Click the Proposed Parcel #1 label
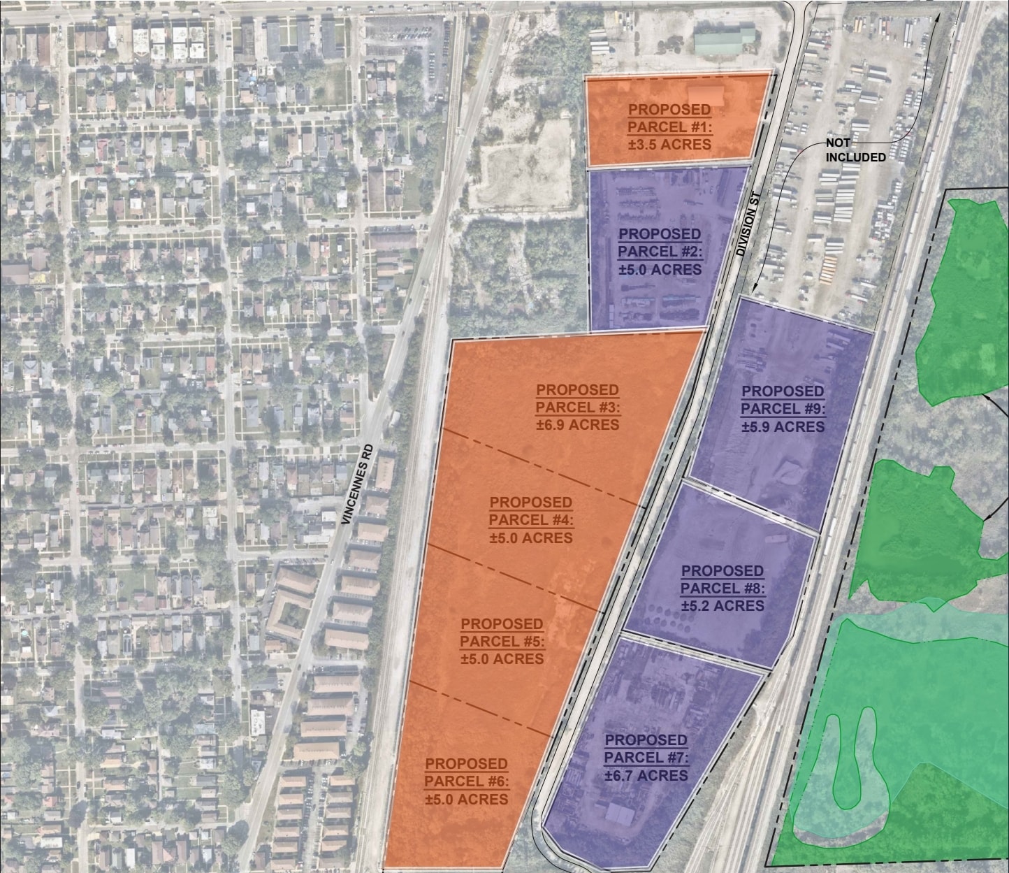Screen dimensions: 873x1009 click(x=669, y=119)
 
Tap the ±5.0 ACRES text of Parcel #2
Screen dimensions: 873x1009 click(x=660, y=270)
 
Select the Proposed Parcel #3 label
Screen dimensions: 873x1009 click(x=577, y=399)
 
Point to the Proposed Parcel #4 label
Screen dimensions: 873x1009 click(x=530, y=512)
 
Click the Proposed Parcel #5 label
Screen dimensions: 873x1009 click(x=502, y=633)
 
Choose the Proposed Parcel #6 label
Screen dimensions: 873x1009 click(x=466, y=772)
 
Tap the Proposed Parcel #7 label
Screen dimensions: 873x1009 click(x=646, y=749)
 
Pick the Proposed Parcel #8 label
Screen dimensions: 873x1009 click(x=723, y=579)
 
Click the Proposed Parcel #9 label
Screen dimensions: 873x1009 click(x=783, y=400)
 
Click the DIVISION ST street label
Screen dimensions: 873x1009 click(x=748, y=226)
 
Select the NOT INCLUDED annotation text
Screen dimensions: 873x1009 click(x=855, y=150)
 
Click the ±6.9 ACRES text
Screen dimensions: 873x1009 click(x=577, y=425)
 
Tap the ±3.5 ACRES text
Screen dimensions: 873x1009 click(x=669, y=145)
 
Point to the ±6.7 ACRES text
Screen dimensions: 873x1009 click(x=646, y=775)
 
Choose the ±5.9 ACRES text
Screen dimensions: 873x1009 click(x=783, y=426)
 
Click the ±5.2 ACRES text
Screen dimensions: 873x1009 click(x=723, y=605)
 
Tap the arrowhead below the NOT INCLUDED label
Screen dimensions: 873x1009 click(x=755, y=288)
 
